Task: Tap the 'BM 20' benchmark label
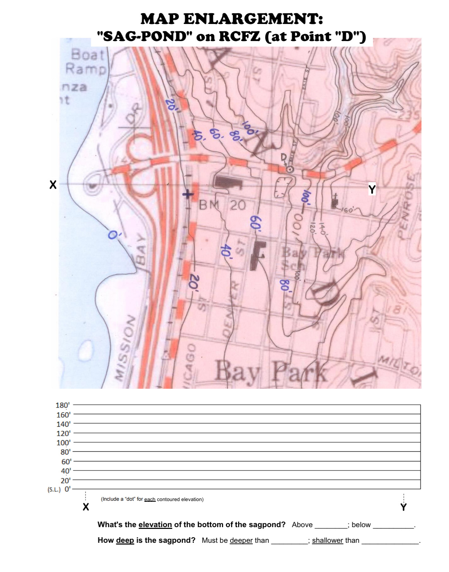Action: coord(222,205)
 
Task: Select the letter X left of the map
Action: coord(53,184)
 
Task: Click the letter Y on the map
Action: coord(372,190)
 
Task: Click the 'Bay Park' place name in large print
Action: coord(271,372)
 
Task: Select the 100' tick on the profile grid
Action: coord(63,443)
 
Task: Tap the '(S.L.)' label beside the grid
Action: coord(54,490)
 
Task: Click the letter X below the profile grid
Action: coord(86,507)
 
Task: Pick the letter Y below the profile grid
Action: coord(403,507)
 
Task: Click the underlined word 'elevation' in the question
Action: coord(155,524)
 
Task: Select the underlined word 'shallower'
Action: coord(327,540)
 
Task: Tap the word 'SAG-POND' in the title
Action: coord(143,36)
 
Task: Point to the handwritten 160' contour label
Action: coord(347,210)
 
